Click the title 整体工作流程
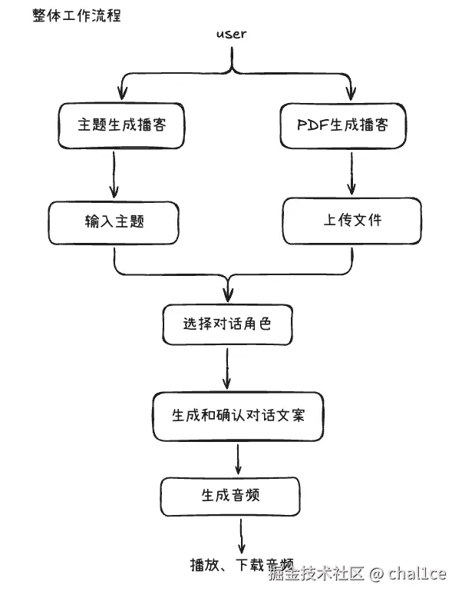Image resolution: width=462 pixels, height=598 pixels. [x=77, y=15]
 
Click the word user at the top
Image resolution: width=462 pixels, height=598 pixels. [x=231, y=35]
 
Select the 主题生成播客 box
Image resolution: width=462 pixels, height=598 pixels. [x=120, y=125]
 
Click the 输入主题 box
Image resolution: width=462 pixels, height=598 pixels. [x=114, y=222]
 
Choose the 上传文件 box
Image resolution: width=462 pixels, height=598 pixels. [x=351, y=220]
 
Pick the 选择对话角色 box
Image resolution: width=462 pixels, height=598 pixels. [x=227, y=324]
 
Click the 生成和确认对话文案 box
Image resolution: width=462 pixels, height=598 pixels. [x=238, y=415]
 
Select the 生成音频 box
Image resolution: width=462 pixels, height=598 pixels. [x=229, y=495]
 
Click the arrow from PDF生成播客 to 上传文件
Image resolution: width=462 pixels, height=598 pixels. [x=352, y=173]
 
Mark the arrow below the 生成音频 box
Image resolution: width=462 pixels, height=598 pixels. [x=241, y=533]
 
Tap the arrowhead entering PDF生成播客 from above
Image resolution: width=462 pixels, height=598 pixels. [x=351, y=95]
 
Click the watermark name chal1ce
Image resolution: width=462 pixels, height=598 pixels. [x=417, y=573]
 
